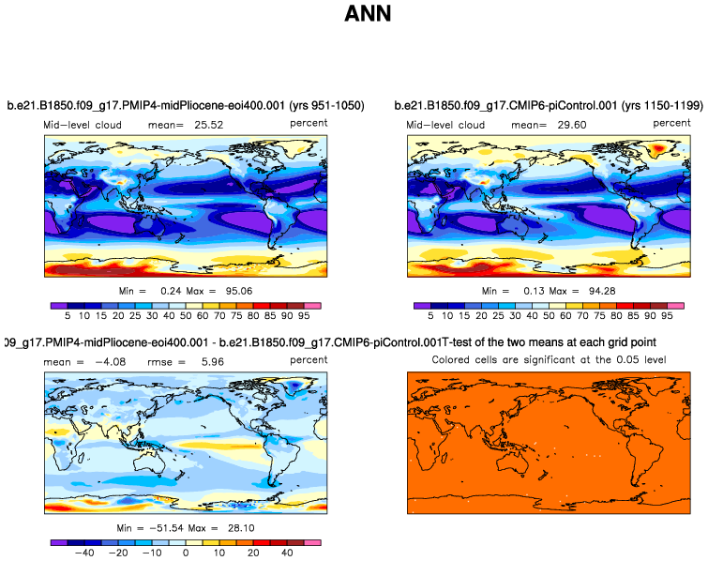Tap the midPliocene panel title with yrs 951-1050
185,105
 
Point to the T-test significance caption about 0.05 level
547,360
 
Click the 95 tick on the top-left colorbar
304,318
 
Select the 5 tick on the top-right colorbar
430,318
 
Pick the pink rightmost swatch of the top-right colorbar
676,306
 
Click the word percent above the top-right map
671,123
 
